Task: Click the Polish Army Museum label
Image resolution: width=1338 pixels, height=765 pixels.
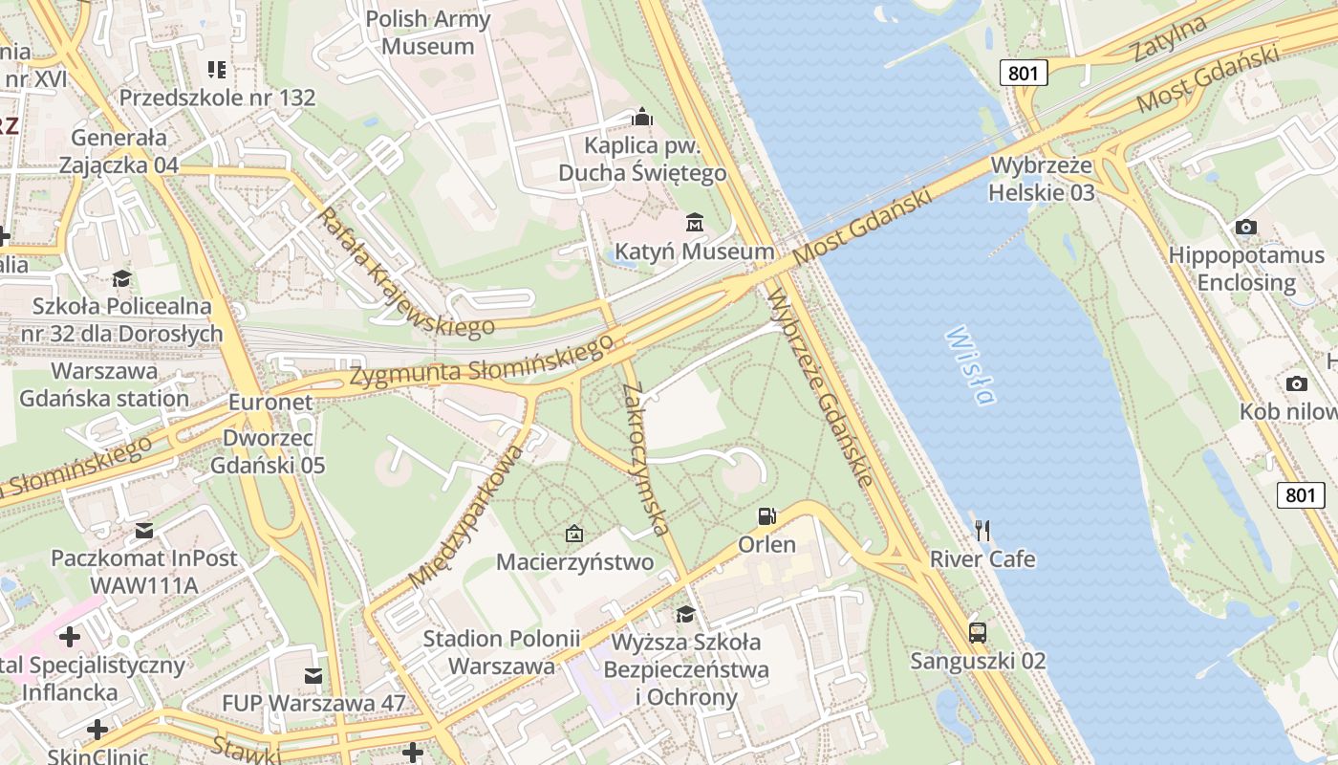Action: point(427,33)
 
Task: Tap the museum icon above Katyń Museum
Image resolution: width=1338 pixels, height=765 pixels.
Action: point(695,224)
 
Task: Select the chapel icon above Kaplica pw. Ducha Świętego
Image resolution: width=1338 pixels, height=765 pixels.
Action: point(642,118)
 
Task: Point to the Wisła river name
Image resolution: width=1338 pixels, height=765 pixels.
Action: point(969,365)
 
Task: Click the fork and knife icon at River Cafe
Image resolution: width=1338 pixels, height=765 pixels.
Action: point(982,530)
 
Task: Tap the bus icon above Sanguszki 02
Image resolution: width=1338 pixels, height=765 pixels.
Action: point(977,632)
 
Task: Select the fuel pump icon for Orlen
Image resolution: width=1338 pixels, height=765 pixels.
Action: point(766,516)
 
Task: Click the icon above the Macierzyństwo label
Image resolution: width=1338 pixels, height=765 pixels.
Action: point(574,534)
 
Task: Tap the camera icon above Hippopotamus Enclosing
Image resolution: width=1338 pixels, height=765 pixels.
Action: point(1245,227)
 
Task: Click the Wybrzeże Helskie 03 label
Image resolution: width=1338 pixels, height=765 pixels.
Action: point(1042,178)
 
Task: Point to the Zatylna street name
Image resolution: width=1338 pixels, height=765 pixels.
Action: point(1170,40)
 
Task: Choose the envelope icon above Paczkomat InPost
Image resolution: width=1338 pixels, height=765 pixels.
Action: point(143,530)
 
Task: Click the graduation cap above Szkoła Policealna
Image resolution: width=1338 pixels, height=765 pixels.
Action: point(121,278)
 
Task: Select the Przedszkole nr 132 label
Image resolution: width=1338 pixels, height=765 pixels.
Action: point(217,98)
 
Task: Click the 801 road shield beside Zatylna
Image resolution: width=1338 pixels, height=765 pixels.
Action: point(1025,73)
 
